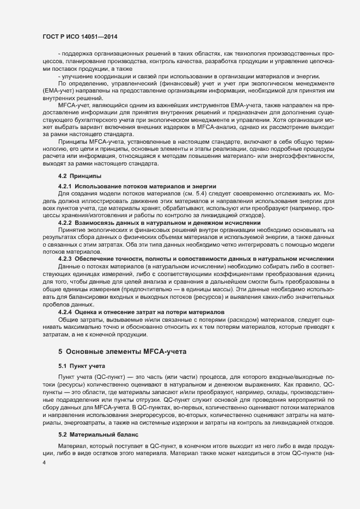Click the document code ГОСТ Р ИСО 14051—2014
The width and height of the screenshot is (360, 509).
pyautogui.click(x=80, y=37)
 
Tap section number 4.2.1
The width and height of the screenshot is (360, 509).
pyautogui.click(x=66, y=187)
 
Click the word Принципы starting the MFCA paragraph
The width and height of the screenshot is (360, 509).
pyautogui.click(x=73, y=142)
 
